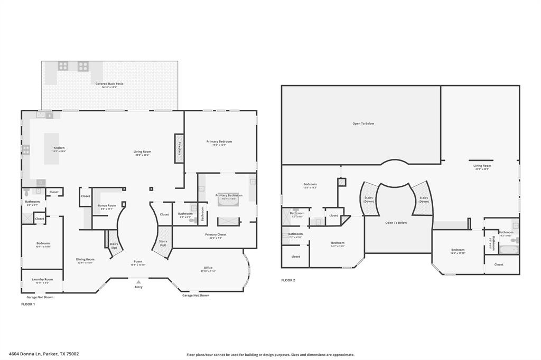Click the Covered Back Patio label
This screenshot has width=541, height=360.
click(109, 84)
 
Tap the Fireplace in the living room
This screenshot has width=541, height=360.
click(179, 146)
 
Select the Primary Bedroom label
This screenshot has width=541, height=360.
click(219, 141)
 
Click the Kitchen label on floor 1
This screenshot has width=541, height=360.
click(59, 148)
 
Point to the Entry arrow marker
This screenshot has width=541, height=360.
click(138, 282)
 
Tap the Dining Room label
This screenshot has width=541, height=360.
click(85, 259)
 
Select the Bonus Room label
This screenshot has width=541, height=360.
click(107, 205)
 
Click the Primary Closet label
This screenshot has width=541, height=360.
click(216, 234)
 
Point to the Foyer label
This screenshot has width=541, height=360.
click(137, 261)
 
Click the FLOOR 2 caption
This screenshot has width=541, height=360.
click(288, 280)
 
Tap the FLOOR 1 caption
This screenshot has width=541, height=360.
click(27, 304)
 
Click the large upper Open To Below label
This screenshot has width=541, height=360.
click(363, 124)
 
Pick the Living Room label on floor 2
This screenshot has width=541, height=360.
click(482, 166)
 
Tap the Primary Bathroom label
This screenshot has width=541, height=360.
click(229, 195)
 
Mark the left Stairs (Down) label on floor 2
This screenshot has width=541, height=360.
click(369, 199)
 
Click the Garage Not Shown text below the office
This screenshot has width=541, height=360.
click(195, 296)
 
